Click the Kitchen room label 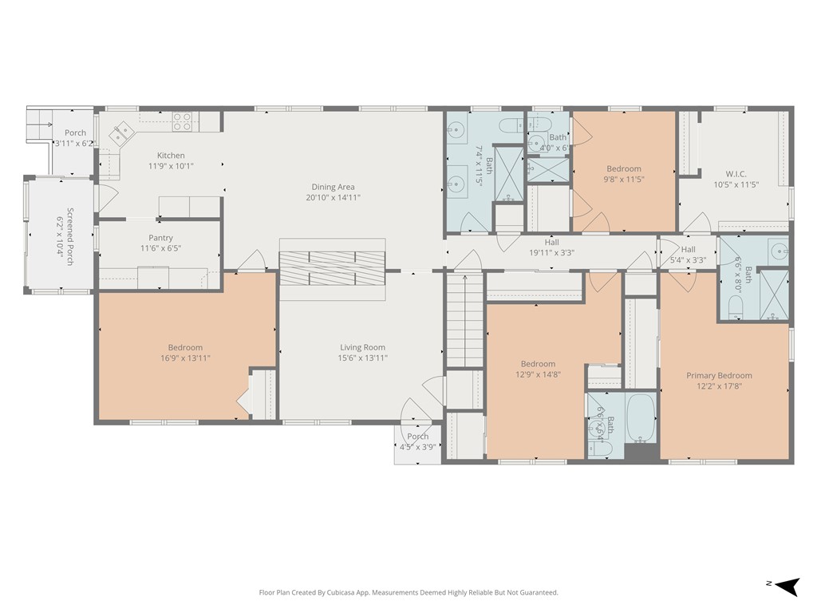click(x=171, y=156)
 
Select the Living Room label click(x=362, y=347)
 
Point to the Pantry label click(x=160, y=238)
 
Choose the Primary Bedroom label click(x=719, y=376)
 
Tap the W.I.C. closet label click(x=736, y=174)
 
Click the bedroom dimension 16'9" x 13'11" click(x=185, y=358)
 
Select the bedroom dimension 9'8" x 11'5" click(x=623, y=180)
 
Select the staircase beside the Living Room click(x=464, y=319)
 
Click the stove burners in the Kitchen click(x=183, y=121)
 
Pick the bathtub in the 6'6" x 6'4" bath click(x=640, y=417)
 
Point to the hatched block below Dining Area click(x=331, y=268)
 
